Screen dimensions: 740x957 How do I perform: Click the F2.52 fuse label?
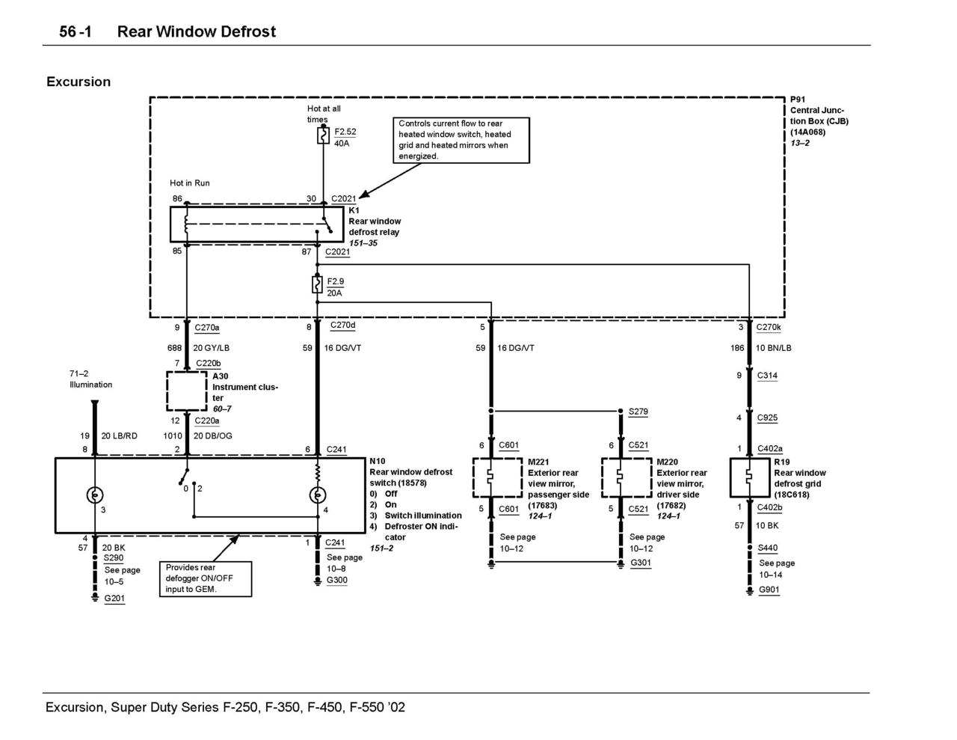pyautogui.click(x=345, y=132)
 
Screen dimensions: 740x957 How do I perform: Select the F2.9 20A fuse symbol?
pyautogui.click(x=317, y=285)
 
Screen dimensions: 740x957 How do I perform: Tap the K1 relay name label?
pyautogui.click(x=354, y=210)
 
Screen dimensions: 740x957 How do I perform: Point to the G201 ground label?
pyautogui.click(x=114, y=599)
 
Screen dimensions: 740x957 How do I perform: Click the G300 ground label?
pyautogui.click(x=336, y=580)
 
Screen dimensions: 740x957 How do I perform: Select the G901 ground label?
pyautogui.click(x=769, y=590)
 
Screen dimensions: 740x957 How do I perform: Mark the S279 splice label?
pyautogui.click(x=638, y=412)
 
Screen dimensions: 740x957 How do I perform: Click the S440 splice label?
pyautogui.click(x=767, y=548)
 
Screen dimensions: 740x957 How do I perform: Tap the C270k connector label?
pyautogui.click(x=768, y=327)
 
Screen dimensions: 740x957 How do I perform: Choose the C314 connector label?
pyautogui.click(x=767, y=376)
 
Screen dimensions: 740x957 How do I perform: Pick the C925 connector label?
pyautogui.click(x=767, y=418)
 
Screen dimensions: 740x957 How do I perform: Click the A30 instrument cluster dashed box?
pyautogui.click(x=187, y=391)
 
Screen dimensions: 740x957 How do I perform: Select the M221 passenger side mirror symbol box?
pyautogui.click(x=497, y=477)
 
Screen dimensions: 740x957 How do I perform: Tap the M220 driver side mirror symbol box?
pyautogui.click(x=627, y=477)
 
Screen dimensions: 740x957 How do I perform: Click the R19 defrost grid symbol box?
pyautogui.click(x=749, y=477)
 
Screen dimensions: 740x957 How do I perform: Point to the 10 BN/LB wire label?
pyautogui.click(x=773, y=348)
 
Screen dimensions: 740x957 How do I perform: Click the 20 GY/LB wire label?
pyautogui.click(x=211, y=348)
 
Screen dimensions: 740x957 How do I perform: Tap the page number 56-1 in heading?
pyautogui.click(x=76, y=31)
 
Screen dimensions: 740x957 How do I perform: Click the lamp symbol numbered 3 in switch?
pyautogui.click(x=95, y=495)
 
